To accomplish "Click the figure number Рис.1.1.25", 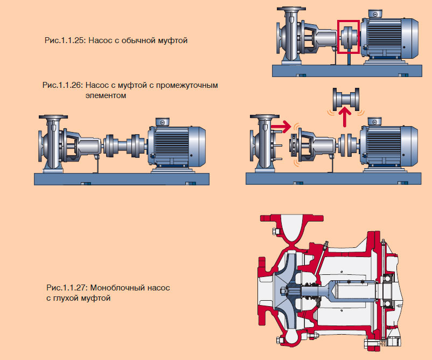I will tap(65, 40).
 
